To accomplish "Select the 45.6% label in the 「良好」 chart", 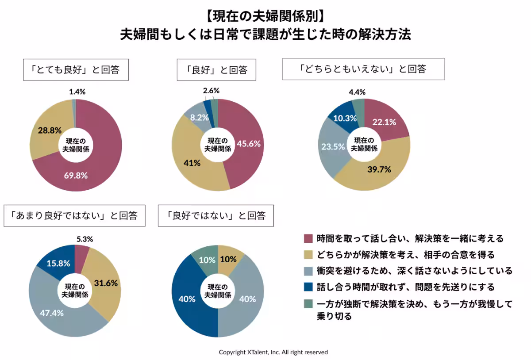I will pyautogui.click(x=249, y=143).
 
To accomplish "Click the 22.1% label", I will pyautogui.click(x=384, y=123).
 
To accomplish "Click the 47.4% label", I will pyautogui.click(x=51, y=313).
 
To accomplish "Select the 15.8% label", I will pyautogui.click(x=58, y=263).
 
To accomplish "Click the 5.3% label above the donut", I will pyautogui.click(x=85, y=239).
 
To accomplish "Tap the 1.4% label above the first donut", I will pyautogui.click(x=77, y=92).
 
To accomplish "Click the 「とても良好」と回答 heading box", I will pyautogui.click(x=76, y=69).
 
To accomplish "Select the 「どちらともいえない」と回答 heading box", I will pyautogui.click(x=363, y=69).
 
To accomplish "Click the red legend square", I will pyautogui.click(x=308, y=239).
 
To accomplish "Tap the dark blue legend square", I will pyautogui.click(x=308, y=287).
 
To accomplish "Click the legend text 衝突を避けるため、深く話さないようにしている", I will pyautogui.click(x=414, y=271).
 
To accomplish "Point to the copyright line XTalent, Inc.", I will pyautogui.click(x=273, y=352).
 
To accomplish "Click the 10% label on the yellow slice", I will pyautogui.click(x=228, y=260).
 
